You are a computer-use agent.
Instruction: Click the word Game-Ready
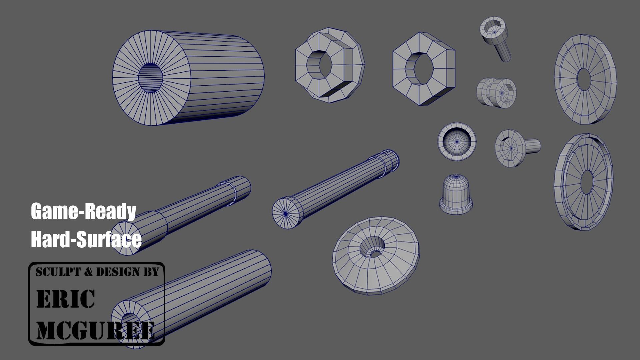coord(83,211)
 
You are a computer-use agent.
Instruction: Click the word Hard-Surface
coord(86,239)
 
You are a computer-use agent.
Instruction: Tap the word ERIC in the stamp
coord(65,299)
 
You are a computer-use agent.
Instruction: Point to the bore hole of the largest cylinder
coord(150,78)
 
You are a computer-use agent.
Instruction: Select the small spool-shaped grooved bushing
coord(496,92)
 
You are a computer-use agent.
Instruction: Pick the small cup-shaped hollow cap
coord(456,141)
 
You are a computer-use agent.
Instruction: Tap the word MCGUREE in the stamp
coord(95,330)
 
